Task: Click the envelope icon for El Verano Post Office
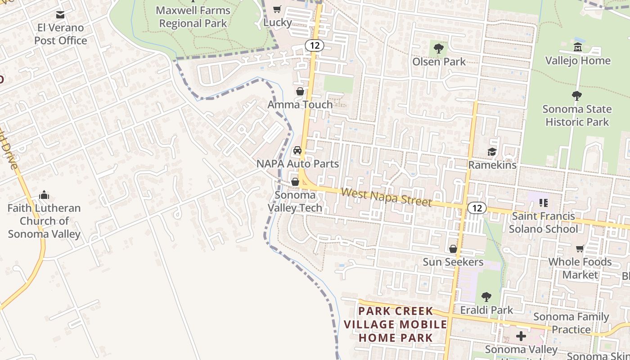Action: point(60,15)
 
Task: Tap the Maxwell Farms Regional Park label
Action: point(193,17)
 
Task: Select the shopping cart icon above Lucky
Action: point(277,9)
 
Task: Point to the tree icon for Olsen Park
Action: point(439,48)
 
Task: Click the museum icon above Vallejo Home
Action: point(578,47)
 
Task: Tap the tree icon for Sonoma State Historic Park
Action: point(576,96)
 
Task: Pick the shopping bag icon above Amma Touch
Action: point(300,91)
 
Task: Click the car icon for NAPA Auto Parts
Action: point(297,150)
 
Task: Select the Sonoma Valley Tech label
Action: point(295,202)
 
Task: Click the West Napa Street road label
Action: point(386,198)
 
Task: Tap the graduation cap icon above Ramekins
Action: point(492,152)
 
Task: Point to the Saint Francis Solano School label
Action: point(544,222)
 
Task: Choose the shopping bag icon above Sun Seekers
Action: point(453,249)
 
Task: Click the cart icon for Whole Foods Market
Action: point(580,249)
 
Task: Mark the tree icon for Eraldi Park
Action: point(486,297)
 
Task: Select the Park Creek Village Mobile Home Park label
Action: point(396,324)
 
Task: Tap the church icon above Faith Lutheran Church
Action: point(44,195)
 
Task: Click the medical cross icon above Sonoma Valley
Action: point(521,336)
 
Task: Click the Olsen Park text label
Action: point(439,62)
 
